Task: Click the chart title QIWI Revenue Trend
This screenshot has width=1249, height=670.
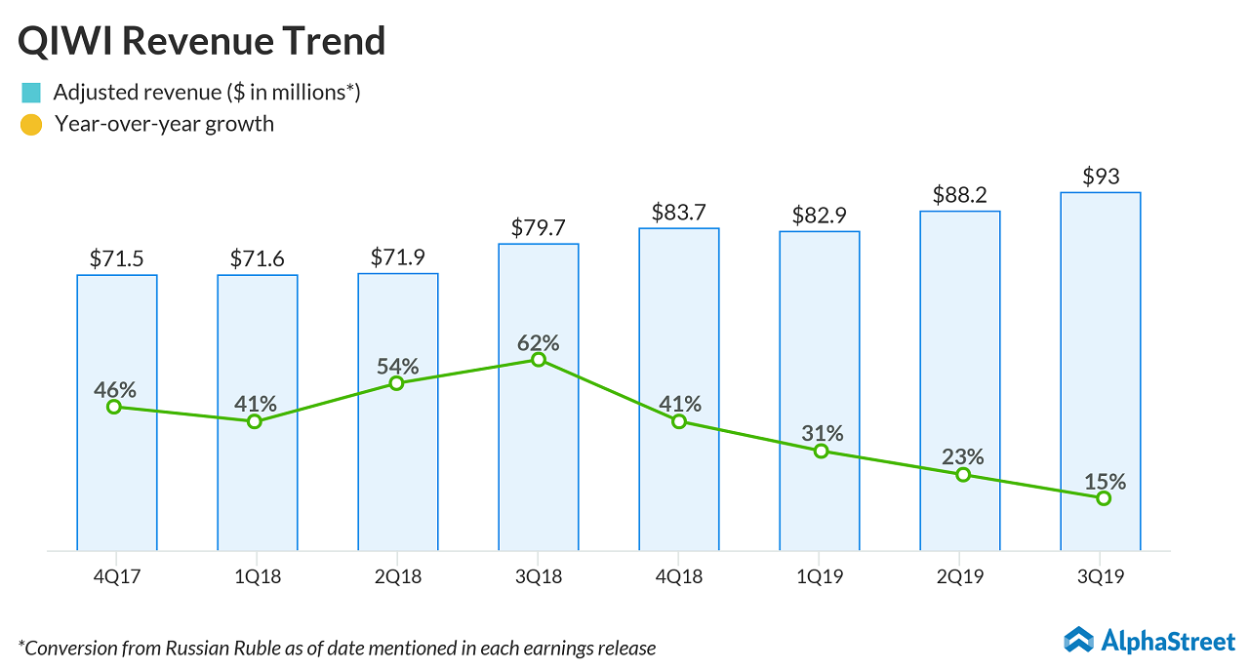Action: click(x=202, y=41)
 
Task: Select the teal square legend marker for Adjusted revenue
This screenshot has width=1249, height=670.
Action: click(x=31, y=94)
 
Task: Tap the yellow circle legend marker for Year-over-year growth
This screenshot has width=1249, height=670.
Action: click(x=31, y=125)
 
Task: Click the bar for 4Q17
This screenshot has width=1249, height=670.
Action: click(x=117, y=468)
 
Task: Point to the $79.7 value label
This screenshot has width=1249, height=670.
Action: click(x=539, y=227)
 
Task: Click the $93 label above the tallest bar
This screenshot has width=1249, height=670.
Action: click(x=1101, y=177)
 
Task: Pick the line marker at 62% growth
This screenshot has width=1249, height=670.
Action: click(x=539, y=360)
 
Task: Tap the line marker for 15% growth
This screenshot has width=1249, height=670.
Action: click(x=1104, y=498)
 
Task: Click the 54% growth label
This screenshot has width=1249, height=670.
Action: click(x=397, y=367)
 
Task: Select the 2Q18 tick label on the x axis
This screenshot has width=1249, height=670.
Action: click(x=398, y=577)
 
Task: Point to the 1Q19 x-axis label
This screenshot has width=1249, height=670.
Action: click(x=820, y=577)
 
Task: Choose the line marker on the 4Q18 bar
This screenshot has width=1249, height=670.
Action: click(x=679, y=421)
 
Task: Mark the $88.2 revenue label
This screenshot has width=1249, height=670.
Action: click(x=960, y=195)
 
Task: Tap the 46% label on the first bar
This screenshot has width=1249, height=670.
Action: click(x=115, y=390)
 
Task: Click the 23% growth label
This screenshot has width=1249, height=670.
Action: click(x=963, y=456)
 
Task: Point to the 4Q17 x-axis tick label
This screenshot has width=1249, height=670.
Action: click(x=117, y=577)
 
